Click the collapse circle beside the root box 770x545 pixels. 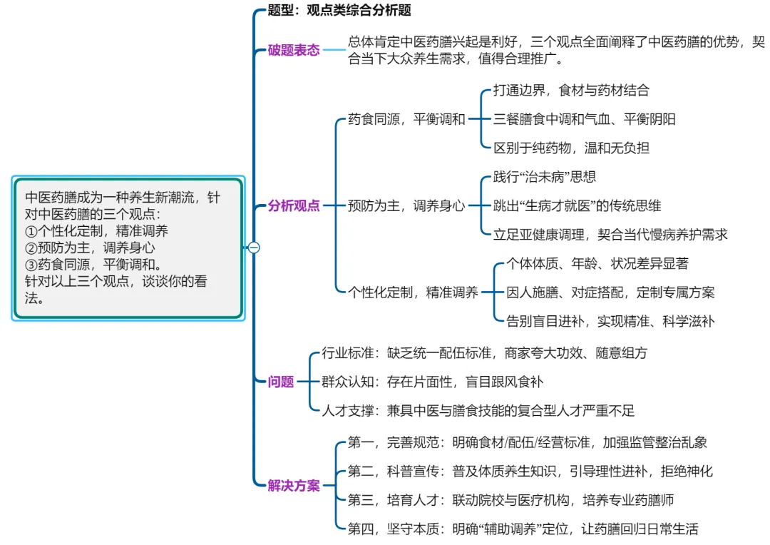254,248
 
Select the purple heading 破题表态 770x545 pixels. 294,51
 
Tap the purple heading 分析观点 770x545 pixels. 294,206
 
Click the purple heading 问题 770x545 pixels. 281,382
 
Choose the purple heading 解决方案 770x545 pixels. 294,487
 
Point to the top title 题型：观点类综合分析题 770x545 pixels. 339,11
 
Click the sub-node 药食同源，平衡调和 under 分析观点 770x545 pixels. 406,119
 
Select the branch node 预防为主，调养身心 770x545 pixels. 406,206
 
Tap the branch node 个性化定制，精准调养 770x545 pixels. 413,292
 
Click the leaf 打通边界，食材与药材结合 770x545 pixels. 571,91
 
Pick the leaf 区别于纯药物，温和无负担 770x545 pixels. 571,148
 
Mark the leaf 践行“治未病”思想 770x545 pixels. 544,177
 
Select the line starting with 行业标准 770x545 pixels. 484,353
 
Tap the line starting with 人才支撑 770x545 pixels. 478,410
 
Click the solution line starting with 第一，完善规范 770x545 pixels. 527,443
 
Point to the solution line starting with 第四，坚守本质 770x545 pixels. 523,529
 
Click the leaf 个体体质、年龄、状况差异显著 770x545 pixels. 597,264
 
